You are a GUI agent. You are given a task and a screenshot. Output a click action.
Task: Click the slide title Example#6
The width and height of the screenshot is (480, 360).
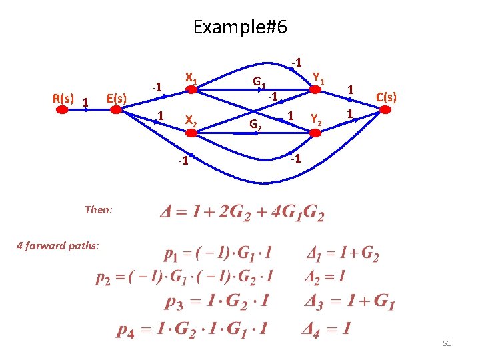tap(239, 27)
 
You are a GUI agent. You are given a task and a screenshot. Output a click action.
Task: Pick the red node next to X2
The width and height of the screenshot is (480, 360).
tap(191, 133)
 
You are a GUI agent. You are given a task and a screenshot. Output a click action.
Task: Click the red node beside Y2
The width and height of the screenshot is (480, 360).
tap(306, 133)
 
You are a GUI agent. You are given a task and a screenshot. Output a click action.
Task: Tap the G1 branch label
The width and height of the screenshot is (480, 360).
tap(260, 83)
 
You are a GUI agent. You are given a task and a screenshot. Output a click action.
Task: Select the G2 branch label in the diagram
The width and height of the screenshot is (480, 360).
tap(255, 124)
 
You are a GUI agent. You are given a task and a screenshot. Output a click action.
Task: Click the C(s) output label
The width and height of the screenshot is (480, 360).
tap(386, 97)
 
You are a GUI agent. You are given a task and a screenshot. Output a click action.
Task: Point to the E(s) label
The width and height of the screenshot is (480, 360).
tap(116, 99)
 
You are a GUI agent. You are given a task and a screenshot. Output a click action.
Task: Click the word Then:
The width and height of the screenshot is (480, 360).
tap(99, 209)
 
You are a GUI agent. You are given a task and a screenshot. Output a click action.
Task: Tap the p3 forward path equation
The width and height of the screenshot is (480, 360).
tap(217, 301)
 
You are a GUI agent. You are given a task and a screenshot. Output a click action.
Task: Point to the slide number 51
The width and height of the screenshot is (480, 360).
tap(447, 343)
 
